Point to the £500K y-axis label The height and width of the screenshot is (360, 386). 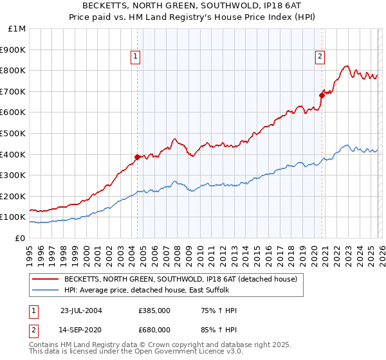pyautogui.click(x=13, y=133)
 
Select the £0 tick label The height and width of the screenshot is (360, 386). pyautogui.click(x=20, y=238)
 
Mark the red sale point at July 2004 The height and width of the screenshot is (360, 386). pyautogui.click(x=137, y=157)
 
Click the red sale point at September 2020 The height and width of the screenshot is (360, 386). pyautogui.click(x=322, y=95)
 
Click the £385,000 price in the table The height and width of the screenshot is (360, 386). pyautogui.click(x=154, y=310)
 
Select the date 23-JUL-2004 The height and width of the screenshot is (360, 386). pyautogui.click(x=81, y=310)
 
